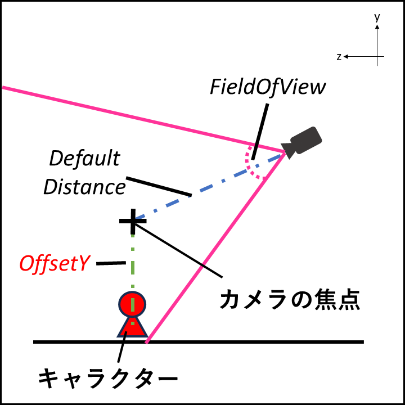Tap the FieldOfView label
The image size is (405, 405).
[268, 87]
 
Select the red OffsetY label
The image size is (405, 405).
[56, 263]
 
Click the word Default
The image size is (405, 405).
[84, 159]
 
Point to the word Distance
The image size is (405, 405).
[84, 187]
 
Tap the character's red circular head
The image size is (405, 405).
[133, 304]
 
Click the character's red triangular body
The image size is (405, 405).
[133, 328]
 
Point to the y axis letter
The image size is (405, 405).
[377, 18]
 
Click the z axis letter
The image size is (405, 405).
[339, 57]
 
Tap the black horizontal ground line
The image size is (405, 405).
[253, 341]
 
